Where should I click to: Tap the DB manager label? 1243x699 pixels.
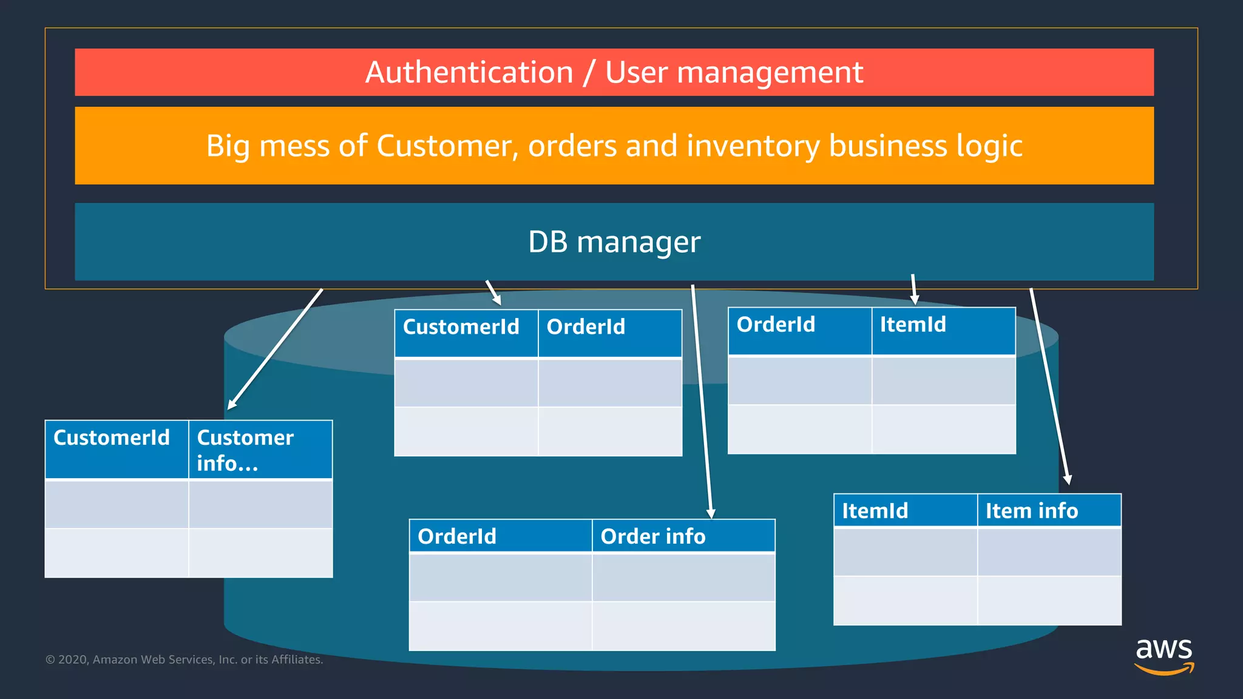pos(614,241)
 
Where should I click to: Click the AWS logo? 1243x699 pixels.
pos(1163,655)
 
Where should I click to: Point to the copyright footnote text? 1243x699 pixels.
pos(184,660)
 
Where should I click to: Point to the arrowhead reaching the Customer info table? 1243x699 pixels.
pos(231,405)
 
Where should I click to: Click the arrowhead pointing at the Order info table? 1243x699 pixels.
pos(711,513)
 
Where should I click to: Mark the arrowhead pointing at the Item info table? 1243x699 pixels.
pos(1068,479)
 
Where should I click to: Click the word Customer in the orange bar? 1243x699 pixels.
pos(444,146)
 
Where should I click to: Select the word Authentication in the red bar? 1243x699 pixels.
pos(469,72)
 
